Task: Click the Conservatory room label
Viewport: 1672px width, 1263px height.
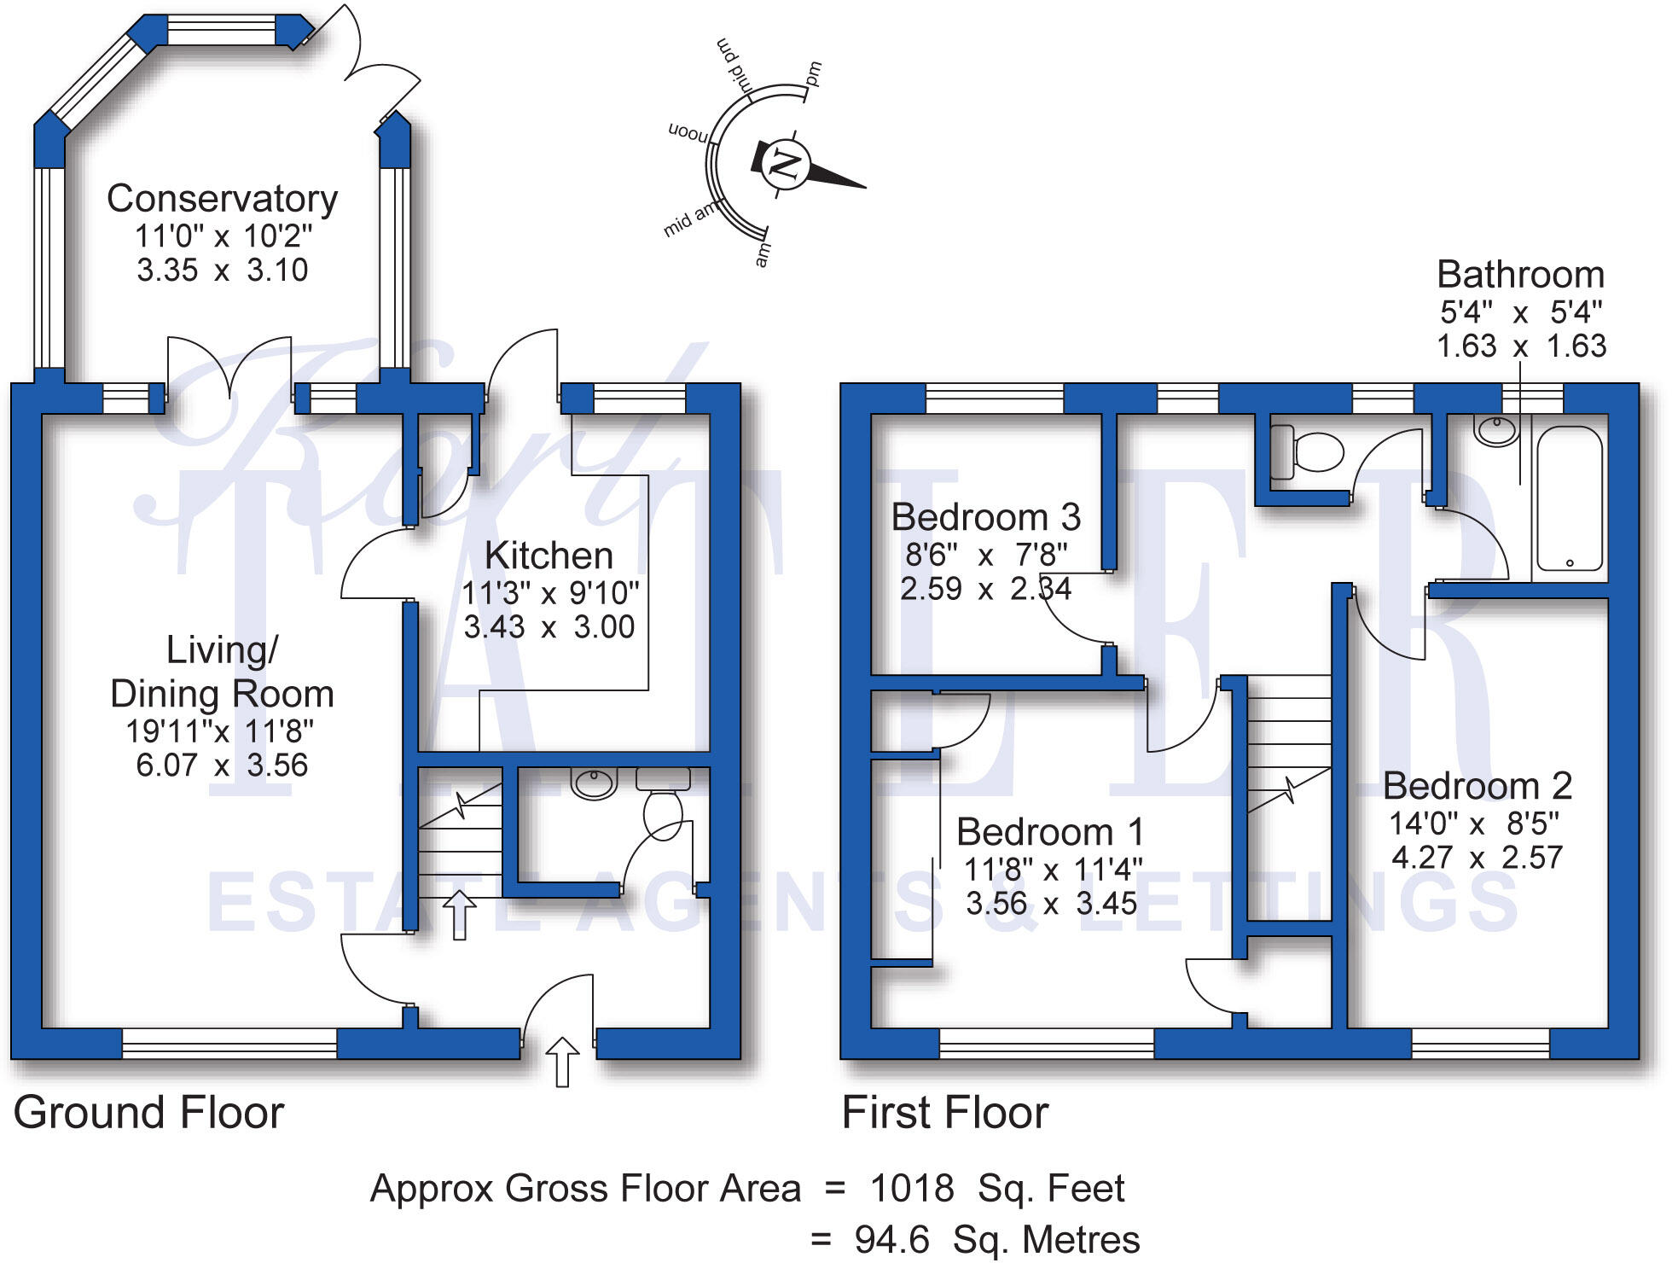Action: click(x=222, y=199)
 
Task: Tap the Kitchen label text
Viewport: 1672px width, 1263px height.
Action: click(x=549, y=556)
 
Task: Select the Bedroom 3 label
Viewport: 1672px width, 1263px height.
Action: click(x=985, y=517)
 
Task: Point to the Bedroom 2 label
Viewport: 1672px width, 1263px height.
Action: click(x=1477, y=786)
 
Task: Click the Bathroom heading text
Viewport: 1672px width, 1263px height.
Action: click(x=1520, y=275)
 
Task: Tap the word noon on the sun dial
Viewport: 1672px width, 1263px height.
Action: click(x=688, y=133)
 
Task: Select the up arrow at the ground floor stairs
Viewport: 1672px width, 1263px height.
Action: click(x=460, y=914)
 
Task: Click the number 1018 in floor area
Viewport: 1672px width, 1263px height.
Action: click(x=911, y=1188)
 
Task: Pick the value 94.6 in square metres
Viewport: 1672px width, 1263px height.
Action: click(x=891, y=1240)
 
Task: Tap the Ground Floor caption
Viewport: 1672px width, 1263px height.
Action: click(x=148, y=1113)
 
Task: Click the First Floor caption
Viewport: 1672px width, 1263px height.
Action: click(x=944, y=1113)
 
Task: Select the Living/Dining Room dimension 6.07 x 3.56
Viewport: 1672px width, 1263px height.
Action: click(x=222, y=765)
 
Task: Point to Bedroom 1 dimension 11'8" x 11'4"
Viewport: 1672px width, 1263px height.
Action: click(x=1052, y=870)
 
